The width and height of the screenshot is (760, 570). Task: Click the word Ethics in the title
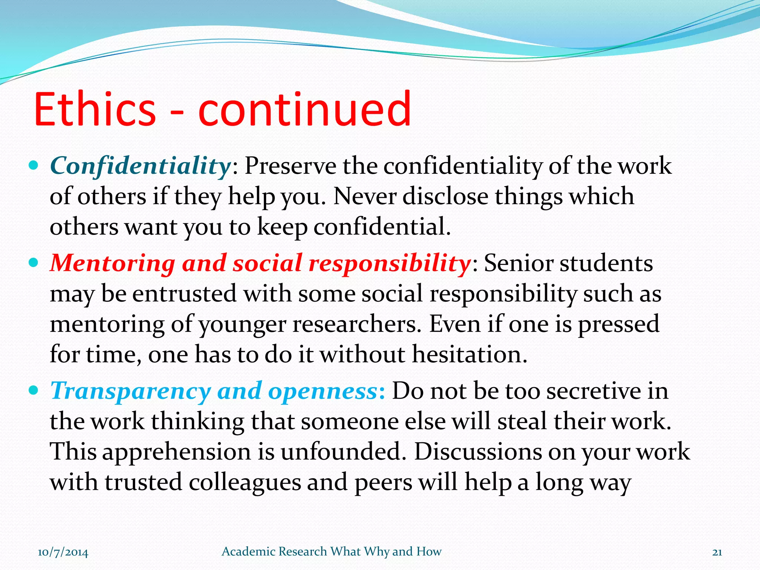click(95, 109)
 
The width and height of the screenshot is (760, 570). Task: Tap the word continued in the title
click(304, 109)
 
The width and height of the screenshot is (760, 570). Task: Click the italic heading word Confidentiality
click(140, 166)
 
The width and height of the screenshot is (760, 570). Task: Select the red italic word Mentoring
click(112, 263)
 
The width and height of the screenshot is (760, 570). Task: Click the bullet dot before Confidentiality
click(33, 166)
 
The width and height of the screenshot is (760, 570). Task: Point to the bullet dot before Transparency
click(33, 391)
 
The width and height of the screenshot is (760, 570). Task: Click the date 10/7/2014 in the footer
click(63, 552)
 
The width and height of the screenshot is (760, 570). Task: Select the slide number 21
click(717, 552)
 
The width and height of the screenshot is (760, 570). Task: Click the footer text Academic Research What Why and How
click(331, 551)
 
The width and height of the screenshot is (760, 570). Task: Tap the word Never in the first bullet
click(365, 196)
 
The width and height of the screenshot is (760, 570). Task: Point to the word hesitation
click(469, 354)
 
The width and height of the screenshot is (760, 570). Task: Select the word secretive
click(593, 391)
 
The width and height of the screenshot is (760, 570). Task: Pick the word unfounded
click(343, 452)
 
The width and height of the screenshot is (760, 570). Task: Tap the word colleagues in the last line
click(245, 483)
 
